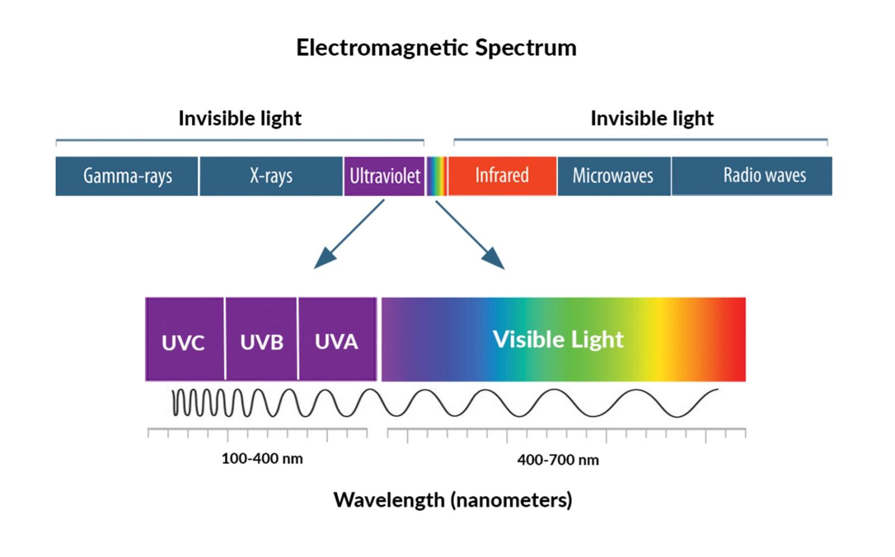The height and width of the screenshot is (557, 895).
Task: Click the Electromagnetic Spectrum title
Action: point(436,47)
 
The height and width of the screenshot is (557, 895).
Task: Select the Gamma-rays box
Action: point(127,176)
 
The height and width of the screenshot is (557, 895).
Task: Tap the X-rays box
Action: point(271,176)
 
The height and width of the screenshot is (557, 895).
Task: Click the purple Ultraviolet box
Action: point(384,176)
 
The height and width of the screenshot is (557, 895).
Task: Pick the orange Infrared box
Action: point(502,175)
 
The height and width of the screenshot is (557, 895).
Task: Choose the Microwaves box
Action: point(613,175)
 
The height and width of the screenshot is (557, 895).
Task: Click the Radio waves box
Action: point(752,175)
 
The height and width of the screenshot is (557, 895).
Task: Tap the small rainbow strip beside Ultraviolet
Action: point(436,176)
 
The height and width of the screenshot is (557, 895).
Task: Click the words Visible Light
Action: point(558,339)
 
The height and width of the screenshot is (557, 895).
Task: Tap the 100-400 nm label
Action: point(262,459)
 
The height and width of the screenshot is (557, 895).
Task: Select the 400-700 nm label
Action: point(558,460)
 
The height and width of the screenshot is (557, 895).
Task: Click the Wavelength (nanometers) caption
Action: point(453,499)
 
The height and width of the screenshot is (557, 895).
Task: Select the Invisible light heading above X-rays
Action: point(240,118)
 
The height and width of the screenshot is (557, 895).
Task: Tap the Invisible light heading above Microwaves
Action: point(652,118)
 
